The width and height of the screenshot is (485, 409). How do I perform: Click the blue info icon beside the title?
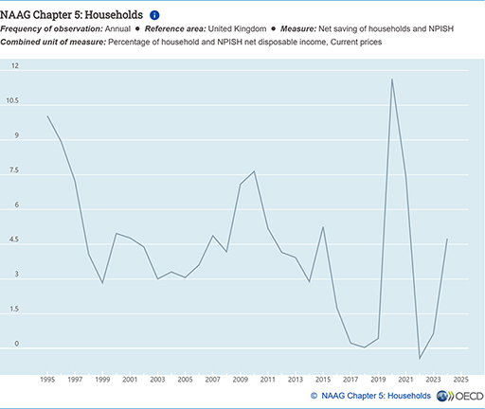click(154, 15)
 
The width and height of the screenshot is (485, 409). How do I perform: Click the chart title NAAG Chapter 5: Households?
click(71, 15)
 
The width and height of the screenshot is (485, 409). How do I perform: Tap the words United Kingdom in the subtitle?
click(237, 28)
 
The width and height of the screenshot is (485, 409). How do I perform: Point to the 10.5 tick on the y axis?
click(12, 100)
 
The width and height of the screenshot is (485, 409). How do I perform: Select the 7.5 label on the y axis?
click(14, 170)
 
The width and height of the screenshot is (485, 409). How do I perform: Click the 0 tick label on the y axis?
click(16, 344)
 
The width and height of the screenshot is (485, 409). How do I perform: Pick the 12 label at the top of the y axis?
click(15, 65)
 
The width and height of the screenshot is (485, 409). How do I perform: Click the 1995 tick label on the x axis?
click(47, 380)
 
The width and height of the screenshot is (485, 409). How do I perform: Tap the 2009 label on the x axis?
click(241, 380)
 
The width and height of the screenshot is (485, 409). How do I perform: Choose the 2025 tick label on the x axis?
click(460, 380)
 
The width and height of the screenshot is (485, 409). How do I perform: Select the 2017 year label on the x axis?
click(350, 380)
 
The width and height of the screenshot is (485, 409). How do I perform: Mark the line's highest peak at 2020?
click(392, 79)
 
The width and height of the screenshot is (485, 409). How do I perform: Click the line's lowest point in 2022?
click(420, 359)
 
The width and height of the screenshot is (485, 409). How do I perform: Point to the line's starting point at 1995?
click(47, 116)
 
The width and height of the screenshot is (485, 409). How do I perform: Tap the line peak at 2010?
click(254, 171)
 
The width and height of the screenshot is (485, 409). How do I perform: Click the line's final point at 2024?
click(447, 239)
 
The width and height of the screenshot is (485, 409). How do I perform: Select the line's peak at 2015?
click(323, 226)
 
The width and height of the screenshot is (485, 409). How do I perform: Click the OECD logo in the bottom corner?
click(460, 396)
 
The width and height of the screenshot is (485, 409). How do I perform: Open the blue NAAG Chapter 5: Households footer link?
click(376, 396)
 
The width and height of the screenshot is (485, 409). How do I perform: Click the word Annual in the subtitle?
click(117, 28)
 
